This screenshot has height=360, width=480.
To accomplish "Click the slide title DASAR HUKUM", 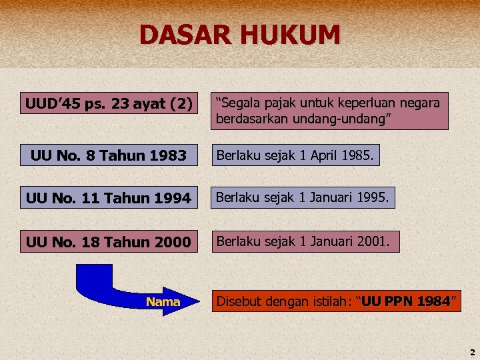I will coord(240,35).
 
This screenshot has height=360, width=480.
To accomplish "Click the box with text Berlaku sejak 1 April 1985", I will coord(296,155).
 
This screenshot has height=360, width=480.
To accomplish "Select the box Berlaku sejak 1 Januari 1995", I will coord(303,197).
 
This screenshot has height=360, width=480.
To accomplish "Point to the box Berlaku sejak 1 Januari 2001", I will coord(303,241).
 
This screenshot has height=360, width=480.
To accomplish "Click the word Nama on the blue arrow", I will coord(163,302).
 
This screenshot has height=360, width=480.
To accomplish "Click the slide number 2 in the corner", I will coord(472,352).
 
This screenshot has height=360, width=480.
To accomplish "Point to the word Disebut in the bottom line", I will coord(237,302).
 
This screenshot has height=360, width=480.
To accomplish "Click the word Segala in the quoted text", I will coord(237,103).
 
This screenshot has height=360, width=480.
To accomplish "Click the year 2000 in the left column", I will coord(172,241).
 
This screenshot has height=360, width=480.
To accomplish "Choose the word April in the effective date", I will coord(316,155).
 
